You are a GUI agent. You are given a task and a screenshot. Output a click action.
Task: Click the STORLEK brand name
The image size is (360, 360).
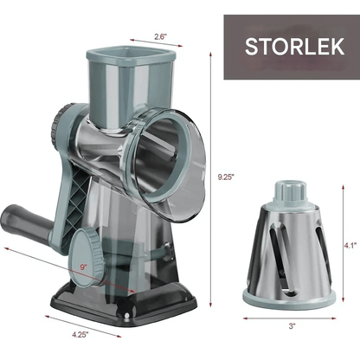pos(294,47)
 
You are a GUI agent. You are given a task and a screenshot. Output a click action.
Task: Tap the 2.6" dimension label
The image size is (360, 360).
pos(160,36)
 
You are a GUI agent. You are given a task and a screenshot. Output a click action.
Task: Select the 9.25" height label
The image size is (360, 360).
pos(225,177)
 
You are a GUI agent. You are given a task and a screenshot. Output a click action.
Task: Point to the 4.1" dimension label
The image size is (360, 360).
pos(350,246)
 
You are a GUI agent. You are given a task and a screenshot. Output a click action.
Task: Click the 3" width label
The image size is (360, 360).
pos(292,326)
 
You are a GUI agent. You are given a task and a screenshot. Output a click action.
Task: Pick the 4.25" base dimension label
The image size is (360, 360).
pos(80,335)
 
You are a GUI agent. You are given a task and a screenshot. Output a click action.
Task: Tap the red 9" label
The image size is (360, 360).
pos(84,267)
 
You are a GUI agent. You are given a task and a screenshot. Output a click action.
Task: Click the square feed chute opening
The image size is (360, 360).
pos(132,54)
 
